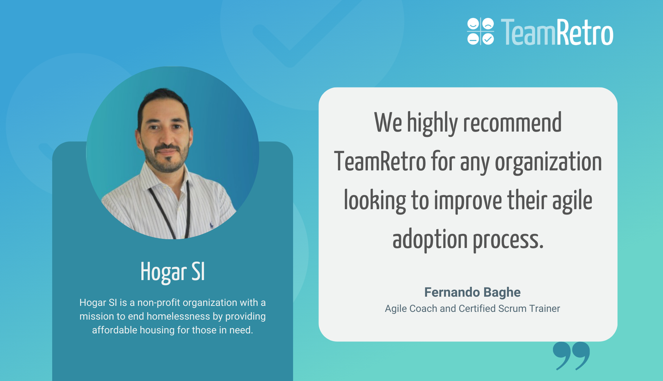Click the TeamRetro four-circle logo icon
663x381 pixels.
tap(480, 31)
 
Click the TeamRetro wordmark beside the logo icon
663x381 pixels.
tap(557, 32)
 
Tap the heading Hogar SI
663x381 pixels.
tap(172, 272)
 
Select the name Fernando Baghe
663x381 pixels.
tap(472, 292)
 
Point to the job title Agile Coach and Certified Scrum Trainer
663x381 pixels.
tap(472, 308)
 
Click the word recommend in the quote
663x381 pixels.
tap(512, 123)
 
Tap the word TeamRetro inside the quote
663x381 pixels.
tap(380, 162)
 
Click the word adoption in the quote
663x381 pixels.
tap(430, 240)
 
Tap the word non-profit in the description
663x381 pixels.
tap(159, 303)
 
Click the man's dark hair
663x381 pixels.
tap(163, 101)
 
